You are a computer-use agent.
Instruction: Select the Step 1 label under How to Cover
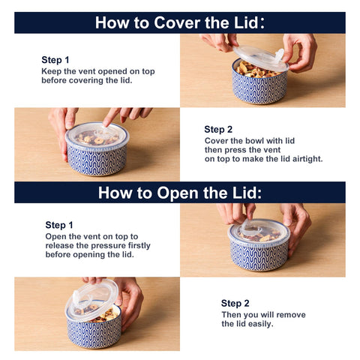[x=55, y=60]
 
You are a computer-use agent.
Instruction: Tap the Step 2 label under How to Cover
[x=218, y=129]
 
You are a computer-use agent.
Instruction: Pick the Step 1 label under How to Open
[x=59, y=225]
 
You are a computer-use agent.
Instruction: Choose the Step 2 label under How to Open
[x=235, y=304]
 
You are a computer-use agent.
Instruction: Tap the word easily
[x=259, y=324]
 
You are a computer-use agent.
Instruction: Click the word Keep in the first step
[x=52, y=71]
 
